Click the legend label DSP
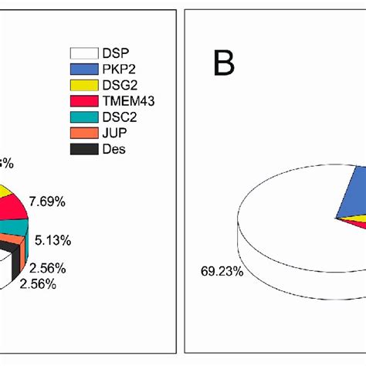pyautogui.click(x=113, y=53)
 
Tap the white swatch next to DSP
pyautogui.click(x=85, y=53)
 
